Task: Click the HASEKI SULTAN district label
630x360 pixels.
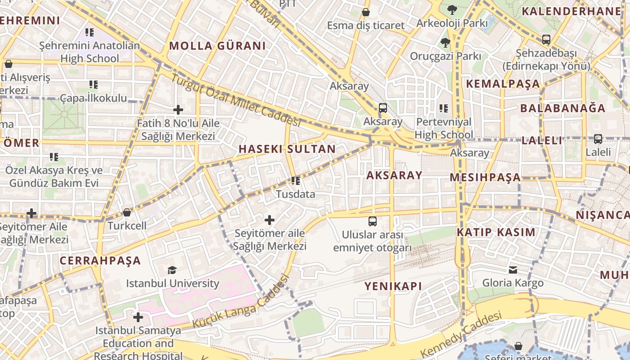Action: pos(287,149)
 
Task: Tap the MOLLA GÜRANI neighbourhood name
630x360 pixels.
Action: pos(217,46)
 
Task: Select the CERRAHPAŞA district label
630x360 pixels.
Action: pos(100,261)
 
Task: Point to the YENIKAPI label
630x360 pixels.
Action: pos(393,286)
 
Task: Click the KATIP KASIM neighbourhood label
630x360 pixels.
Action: pos(496,233)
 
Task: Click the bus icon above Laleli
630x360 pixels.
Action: pos(598,139)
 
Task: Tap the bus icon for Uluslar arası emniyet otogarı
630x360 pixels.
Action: pos(373,221)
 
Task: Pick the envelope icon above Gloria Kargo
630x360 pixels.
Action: pos(513,270)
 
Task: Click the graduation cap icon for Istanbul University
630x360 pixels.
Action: pos(172,270)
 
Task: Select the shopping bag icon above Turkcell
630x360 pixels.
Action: pos(127,212)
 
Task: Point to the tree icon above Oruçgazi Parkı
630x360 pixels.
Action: pos(445,43)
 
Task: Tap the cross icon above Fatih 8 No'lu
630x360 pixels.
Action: pos(178,109)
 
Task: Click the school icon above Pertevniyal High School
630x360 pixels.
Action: pos(444,108)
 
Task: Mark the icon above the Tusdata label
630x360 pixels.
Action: pos(296,181)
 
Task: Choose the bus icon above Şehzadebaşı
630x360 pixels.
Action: pos(546,40)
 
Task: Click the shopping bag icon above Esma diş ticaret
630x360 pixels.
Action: pos(366,12)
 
